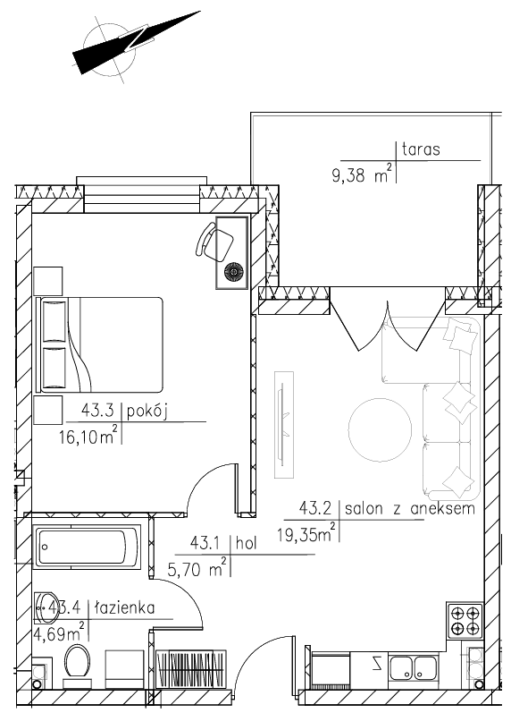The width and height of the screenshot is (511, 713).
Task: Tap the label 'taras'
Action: click(x=421, y=149)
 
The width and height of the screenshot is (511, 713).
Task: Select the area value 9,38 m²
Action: click(x=362, y=174)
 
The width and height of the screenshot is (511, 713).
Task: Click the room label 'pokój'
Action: click(x=147, y=412)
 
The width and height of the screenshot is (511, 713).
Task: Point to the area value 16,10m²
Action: click(x=88, y=436)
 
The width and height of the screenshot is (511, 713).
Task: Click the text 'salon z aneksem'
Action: click(x=410, y=508)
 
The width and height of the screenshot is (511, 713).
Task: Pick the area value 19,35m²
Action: click(x=306, y=533)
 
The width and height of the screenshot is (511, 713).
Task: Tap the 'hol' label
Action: click(x=247, y=543)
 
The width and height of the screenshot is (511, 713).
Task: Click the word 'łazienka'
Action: click(x=124, y=607)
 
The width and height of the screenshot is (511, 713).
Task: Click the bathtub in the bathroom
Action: click(x=88, y=547)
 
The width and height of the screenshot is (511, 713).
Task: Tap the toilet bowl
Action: click(x=77, y=663)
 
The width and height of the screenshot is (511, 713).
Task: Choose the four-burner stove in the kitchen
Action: click(x=465, y=620)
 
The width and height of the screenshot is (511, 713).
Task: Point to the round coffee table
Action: click(x=380, y=430)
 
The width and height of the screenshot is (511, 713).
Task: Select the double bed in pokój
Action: click(x=98, y=344)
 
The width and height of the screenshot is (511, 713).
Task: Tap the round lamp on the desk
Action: click(x=234, y=272)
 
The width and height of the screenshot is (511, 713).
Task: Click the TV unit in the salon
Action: click(x=284, y=425)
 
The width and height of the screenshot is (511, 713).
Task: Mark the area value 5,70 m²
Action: click(x=197, y=569)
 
